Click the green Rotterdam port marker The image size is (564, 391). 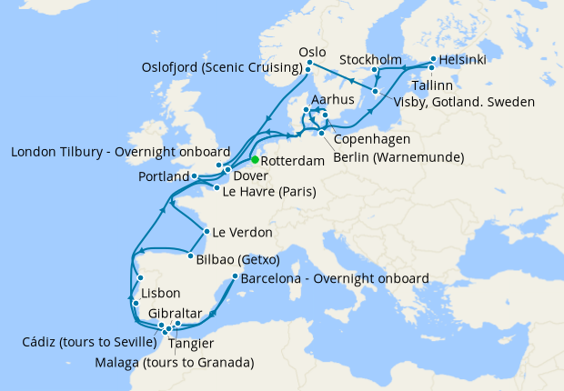[243, 160]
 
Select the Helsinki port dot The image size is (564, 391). [433, 60]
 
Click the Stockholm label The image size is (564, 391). [371, 60]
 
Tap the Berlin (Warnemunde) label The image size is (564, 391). [398, 157]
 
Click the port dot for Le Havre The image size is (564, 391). [216, 187]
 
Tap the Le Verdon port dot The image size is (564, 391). [207, 231]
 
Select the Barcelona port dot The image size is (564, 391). [236, 276]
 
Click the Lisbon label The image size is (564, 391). [161, 294]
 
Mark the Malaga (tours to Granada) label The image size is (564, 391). [174, 363]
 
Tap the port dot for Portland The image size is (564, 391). [195, 176]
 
